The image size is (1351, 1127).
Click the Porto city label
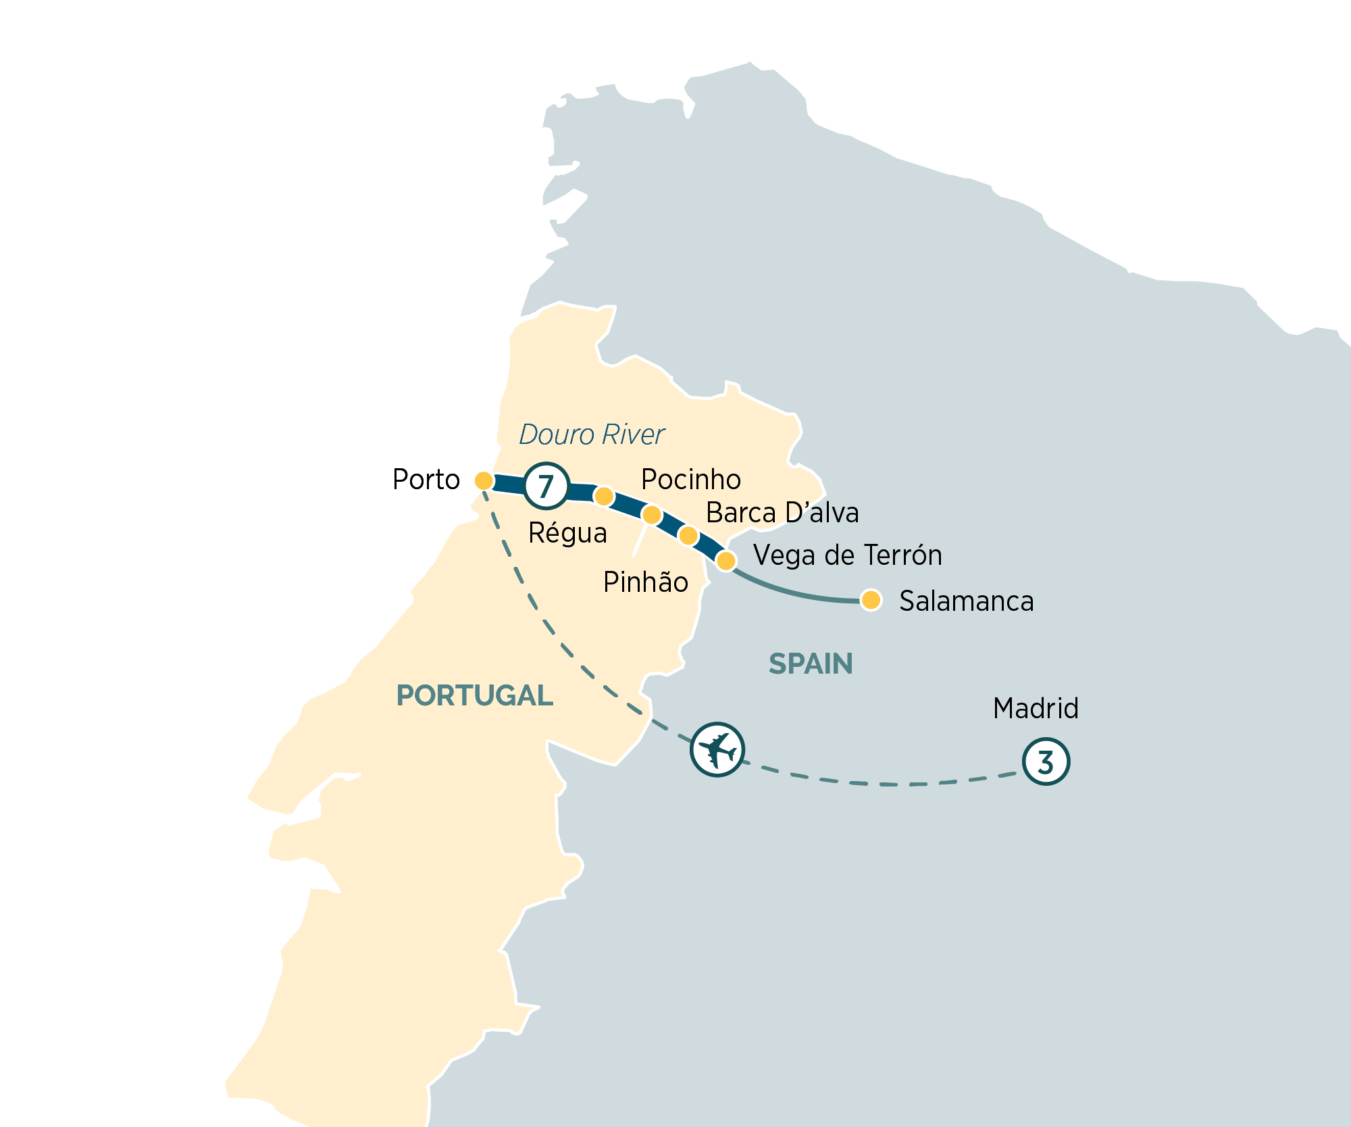point(426,480)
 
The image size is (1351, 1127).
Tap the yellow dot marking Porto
point(484,480)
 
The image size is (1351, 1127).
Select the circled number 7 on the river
point(546,485)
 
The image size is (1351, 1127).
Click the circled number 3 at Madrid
point(1046,761)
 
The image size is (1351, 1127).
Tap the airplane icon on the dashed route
point(717,749)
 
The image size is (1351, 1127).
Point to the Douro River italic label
point(592,434)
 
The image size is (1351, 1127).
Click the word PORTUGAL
point(474,695)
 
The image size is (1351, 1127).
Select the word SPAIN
point(811,663)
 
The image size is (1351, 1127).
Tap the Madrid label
point(1035,708)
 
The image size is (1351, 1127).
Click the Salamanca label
point(966,601)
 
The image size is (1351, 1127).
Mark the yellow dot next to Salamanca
point(871,599)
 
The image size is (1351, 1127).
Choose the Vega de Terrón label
point(847,555)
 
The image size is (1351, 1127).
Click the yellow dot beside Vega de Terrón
point(725,560)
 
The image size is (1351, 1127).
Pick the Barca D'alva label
point(782,513)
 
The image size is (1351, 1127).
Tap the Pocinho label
point(690,479)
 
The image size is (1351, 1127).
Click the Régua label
point(567,533)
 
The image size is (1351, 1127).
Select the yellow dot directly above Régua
point(603,497)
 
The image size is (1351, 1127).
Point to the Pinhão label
point(645,582)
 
